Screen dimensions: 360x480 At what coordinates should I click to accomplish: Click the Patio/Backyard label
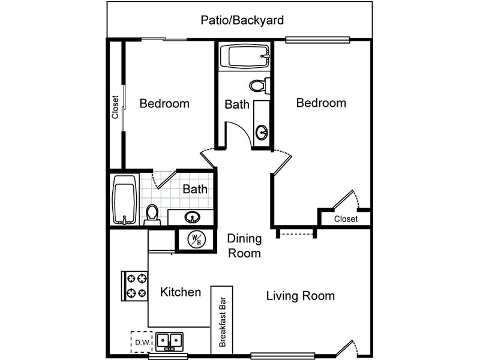[x=242, y=20]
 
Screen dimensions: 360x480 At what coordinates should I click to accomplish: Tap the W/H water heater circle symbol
[x=196, y=239]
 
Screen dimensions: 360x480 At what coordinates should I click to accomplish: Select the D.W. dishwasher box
[x=142, y=342]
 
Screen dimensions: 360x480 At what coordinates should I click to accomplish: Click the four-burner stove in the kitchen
[x=135, y=286]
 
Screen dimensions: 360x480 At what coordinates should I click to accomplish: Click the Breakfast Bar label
[x=222, y=323]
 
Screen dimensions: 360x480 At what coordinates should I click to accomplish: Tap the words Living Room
[x=300, y=295]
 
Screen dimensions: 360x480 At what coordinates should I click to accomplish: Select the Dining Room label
[x=244, y=246]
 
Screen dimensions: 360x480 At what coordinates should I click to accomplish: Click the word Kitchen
[x=181, y=292]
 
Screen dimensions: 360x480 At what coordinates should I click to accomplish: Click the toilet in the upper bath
[x=259, y=85]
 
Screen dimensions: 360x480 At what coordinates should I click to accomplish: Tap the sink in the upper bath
[x=262, y=132]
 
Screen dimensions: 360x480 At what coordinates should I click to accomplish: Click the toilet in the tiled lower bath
[x=152, y=214]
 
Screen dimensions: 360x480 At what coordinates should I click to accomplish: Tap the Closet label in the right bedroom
[x=346, y=219]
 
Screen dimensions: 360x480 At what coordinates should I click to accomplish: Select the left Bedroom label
[x=164, y=103]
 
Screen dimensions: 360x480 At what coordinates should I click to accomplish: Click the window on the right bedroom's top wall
[x=317, y=41]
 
